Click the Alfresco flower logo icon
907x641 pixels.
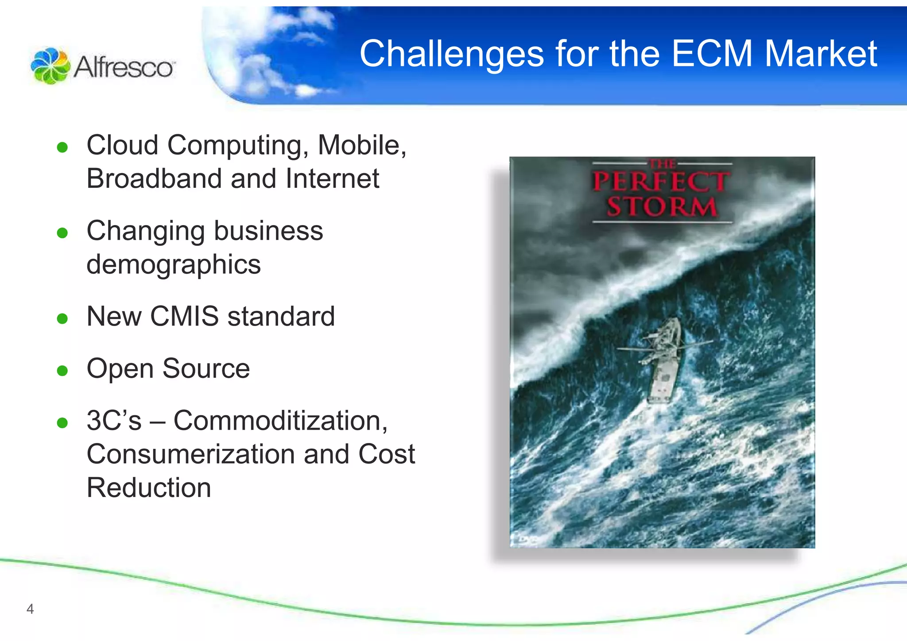click(x=50, y=66)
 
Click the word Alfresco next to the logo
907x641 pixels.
click(x=124, y=68)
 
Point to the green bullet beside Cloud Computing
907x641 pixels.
click(x=62, y=147)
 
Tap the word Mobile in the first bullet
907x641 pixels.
click(x=359, y=145)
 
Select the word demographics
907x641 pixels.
click(x=174, y=265)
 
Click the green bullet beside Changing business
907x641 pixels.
click(x=62, y=233)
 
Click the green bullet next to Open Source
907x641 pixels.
click(x=62, y=370)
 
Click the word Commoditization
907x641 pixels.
click(x=280, y=420)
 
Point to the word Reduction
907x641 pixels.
click(x=149, y=488)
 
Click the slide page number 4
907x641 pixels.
click(x=30, y=609)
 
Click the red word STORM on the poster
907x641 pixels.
click(x=661, y=207)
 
